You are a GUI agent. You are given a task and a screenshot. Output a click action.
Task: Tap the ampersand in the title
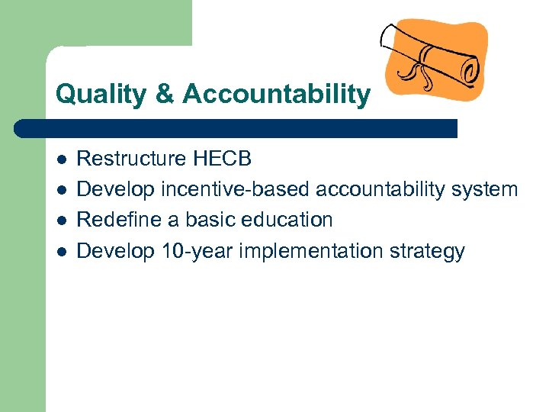166,95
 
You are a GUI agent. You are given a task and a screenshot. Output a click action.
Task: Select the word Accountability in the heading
276,95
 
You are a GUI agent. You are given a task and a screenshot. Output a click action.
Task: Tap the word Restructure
132,159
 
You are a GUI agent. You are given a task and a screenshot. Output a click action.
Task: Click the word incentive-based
236,189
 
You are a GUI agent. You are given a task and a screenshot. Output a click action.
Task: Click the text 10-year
197,251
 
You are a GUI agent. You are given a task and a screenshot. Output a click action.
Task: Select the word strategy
428,251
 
